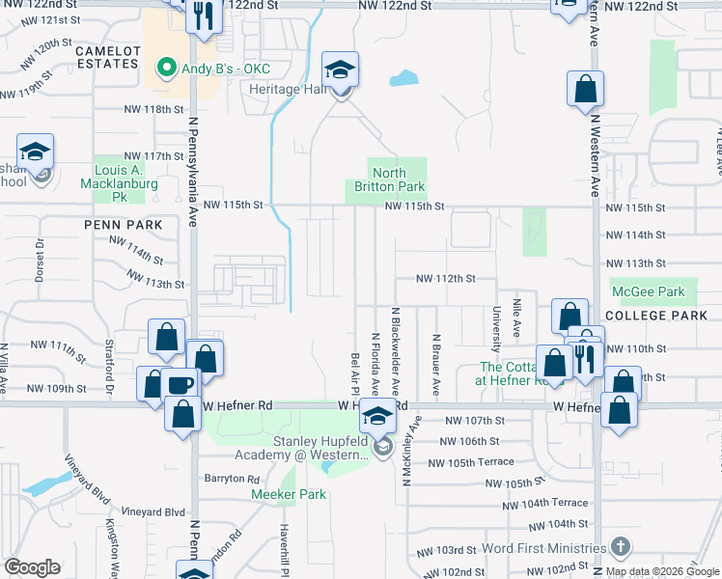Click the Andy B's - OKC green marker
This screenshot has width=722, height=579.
pyautogui.click(x=164, y=69)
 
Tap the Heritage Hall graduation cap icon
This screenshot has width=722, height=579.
pyautogui.click(x=340, y=70)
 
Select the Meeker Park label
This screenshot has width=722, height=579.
pyautogui.click(x=289, y=494)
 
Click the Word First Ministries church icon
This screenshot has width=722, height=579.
pyautogui.click(x=621, y=546)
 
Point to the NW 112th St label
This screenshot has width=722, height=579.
pyautogui.click(x=445, y=278)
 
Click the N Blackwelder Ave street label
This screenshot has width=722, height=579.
pyautogui.click(x=395, y=347)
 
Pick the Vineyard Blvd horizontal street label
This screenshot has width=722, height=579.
pyautogui.click(x=153, y=511)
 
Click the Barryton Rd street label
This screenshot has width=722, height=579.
pyautogui.click(x=232, y=479)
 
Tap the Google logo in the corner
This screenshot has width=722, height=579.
pyautogui.click(x=32, y=567)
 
